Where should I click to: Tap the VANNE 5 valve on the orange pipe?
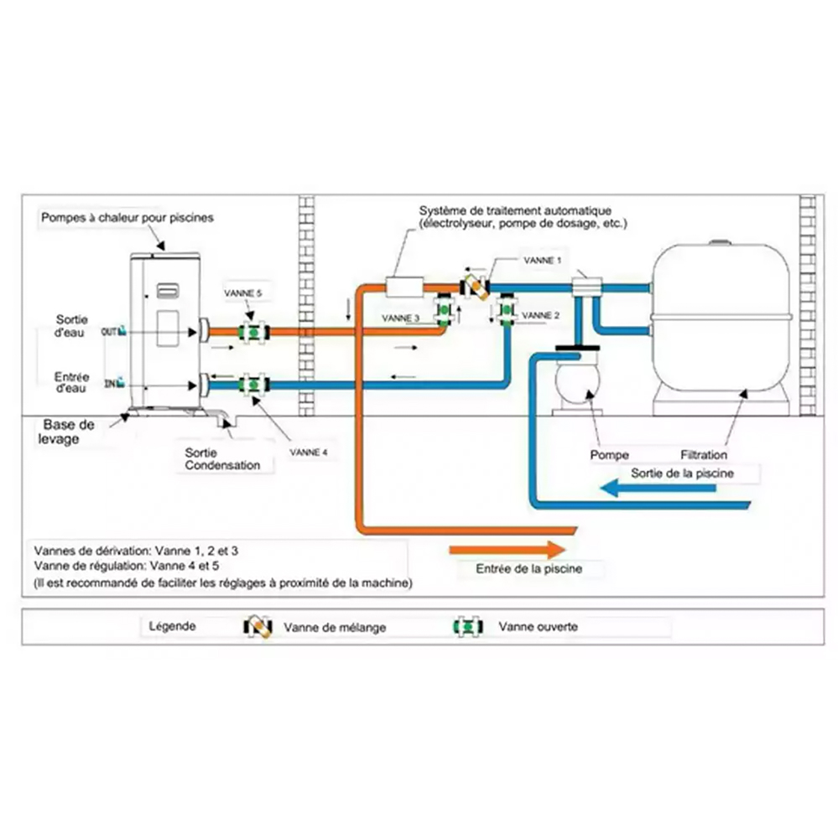251,331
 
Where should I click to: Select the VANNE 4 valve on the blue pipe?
251,385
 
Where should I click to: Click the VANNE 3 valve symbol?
445,312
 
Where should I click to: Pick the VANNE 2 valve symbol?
507,312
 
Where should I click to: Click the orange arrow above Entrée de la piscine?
507,550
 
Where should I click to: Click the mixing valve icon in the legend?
258,626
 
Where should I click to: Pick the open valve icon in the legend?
466,626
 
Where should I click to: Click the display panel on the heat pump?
164,292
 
